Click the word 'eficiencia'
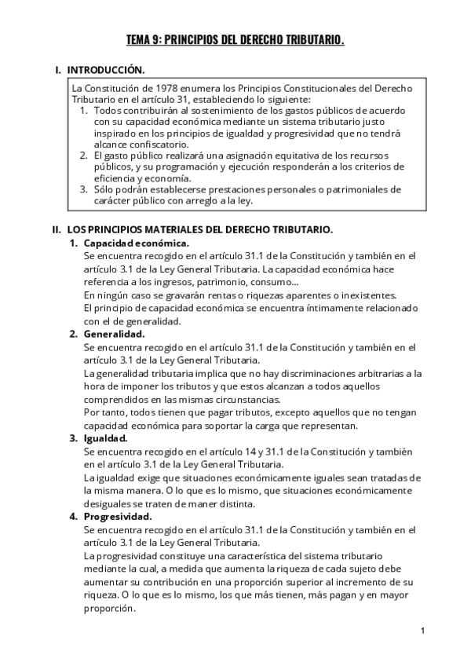[119, 178]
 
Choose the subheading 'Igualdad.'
[106, 437]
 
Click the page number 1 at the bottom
[422, 631]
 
